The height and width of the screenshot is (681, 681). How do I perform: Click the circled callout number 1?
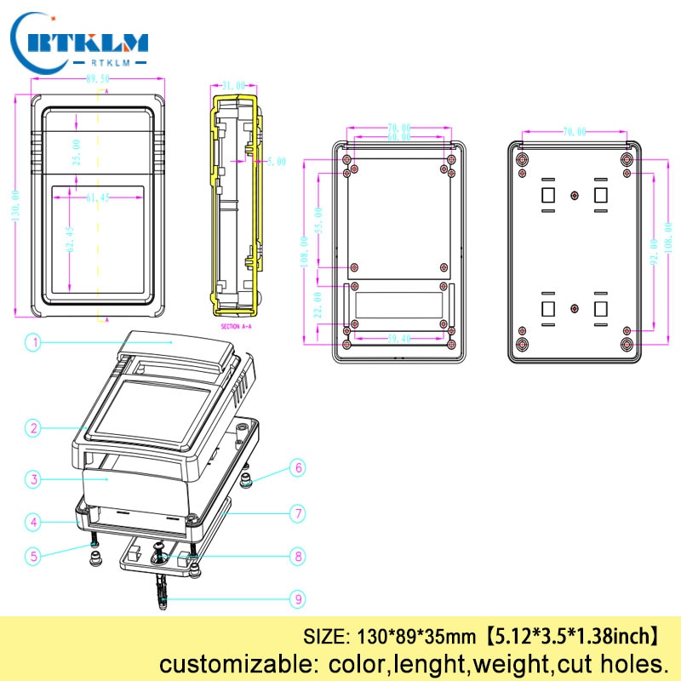[33, 343]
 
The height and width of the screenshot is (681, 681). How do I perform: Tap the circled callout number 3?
[33, 480]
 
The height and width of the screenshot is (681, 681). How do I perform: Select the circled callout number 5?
[33, 556]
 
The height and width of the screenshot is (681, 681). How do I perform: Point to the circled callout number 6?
[298, 467]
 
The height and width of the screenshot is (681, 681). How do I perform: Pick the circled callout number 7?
[298, 513]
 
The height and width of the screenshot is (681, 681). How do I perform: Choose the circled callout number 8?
[298, 557]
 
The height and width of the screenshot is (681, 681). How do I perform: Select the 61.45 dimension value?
[99, 197]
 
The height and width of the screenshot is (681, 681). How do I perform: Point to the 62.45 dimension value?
[72, 239]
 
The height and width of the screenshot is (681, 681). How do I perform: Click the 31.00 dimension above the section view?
[233, 86]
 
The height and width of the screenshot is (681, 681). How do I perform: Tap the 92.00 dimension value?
[654, 253]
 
